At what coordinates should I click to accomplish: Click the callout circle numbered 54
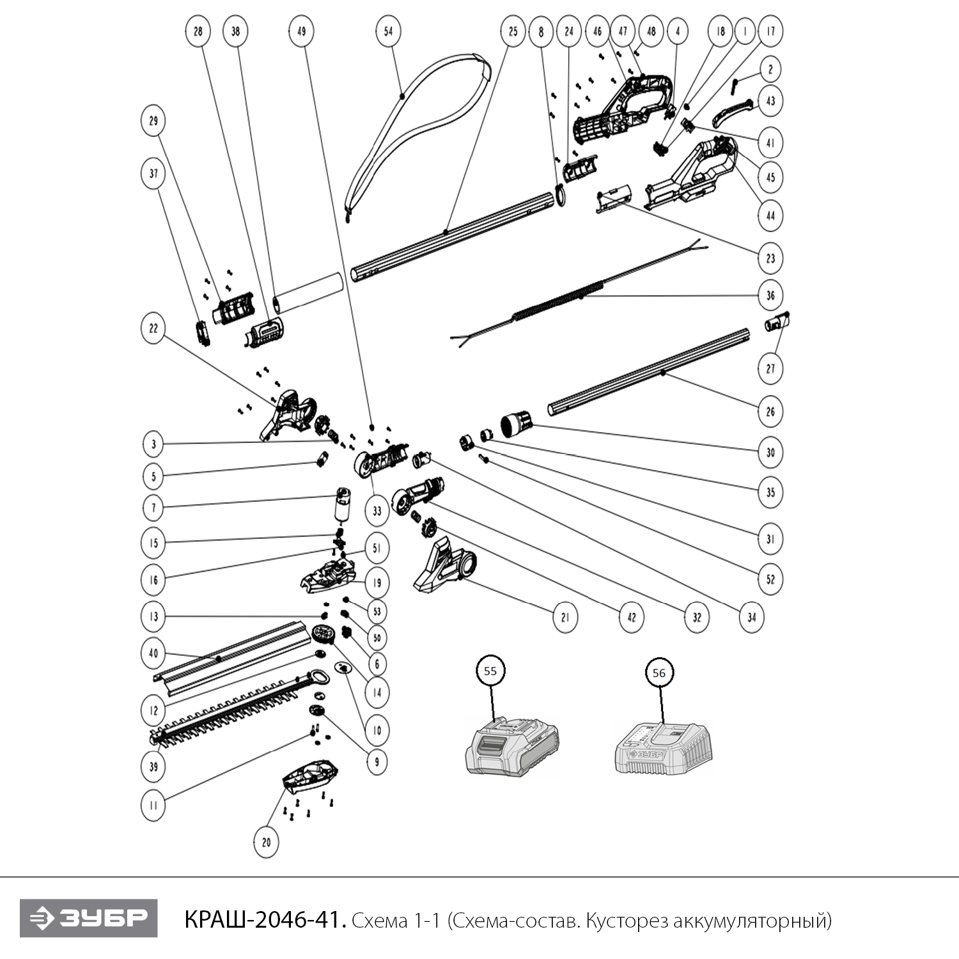click(x=388, y=31)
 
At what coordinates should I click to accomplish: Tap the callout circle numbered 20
click(x=266, y=842)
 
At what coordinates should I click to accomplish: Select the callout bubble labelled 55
click(x=490, y=671)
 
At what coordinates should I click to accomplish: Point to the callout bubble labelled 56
click(x=659, y=673)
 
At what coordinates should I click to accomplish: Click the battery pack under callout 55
click(x=511, y=747)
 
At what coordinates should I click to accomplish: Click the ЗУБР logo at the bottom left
click(x=88, y=919)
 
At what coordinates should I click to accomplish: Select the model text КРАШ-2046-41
click(x=265, y=921)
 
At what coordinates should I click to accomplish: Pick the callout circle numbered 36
click(x=770, y=295)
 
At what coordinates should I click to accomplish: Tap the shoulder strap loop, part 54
click(x=416, y=115)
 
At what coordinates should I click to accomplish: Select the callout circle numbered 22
click(x=153, y=329)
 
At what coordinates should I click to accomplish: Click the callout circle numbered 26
click(x=770, y=412)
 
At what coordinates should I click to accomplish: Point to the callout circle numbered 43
click(x=770, y=101)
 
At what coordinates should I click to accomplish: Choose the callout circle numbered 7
click(x=153, y=508)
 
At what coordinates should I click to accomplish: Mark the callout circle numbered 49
click(x=301, y=31)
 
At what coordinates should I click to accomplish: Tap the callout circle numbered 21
click(x=565, y=617)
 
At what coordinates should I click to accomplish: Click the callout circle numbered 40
click(x=153, y=653)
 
